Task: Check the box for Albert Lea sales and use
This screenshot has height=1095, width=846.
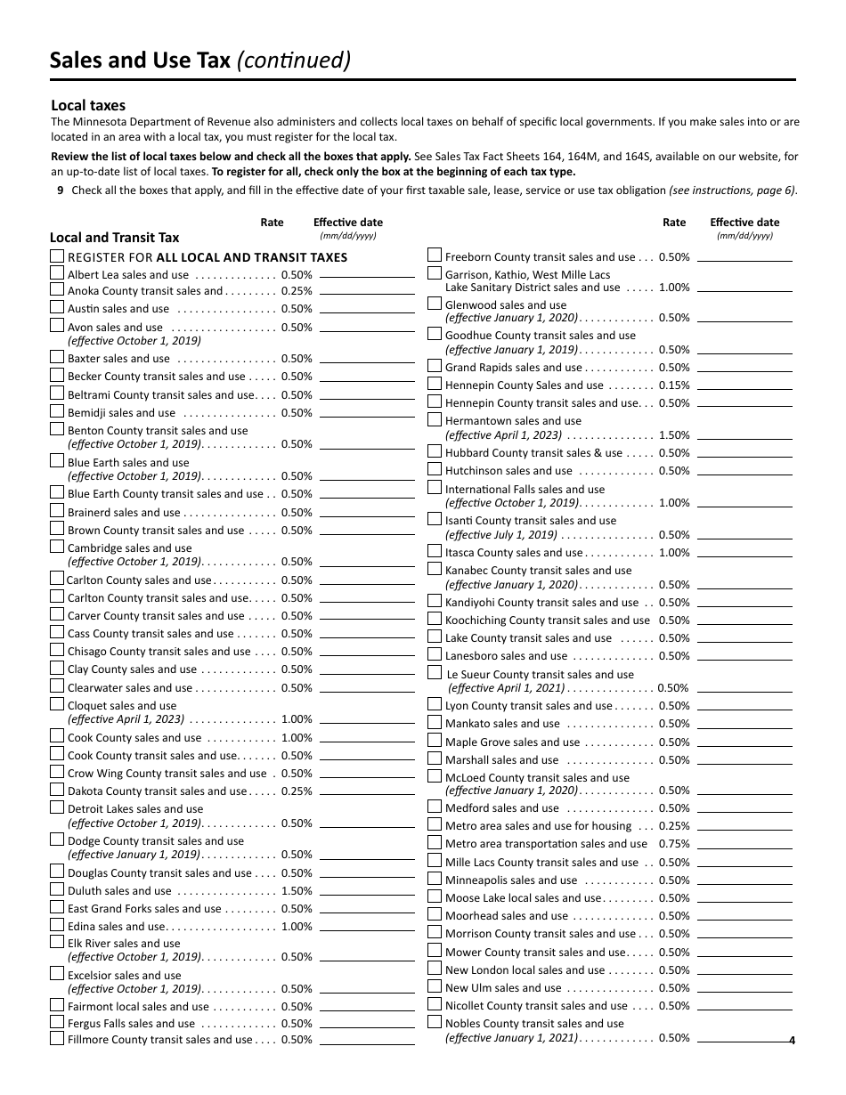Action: [57, 274]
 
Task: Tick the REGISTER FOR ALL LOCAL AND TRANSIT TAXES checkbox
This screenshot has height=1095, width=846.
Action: [57, 256]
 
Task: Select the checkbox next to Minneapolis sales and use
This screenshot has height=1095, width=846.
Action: [435, 879]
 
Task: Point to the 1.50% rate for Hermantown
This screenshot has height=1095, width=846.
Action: [674, 435]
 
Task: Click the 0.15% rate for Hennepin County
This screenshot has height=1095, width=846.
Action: [674, 385]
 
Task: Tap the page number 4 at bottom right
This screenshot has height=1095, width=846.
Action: [791, 1040]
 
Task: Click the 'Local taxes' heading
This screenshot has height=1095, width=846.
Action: [88, 105]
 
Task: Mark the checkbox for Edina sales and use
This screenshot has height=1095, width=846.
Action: [57, 926]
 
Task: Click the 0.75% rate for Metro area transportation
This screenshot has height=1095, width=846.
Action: [674, 844]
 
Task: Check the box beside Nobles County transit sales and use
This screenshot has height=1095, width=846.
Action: [435, 1023]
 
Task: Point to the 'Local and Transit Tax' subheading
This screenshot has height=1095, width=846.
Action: [114, 238]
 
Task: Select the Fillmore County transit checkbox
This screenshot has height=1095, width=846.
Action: [57, 1039]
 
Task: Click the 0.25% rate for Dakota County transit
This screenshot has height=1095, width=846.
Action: [297, 791]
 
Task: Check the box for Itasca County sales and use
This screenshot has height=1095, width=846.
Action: [435, 551]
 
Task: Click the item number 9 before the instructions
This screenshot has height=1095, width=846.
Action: [60, 190]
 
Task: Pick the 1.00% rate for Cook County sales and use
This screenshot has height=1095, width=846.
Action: [297, 738]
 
